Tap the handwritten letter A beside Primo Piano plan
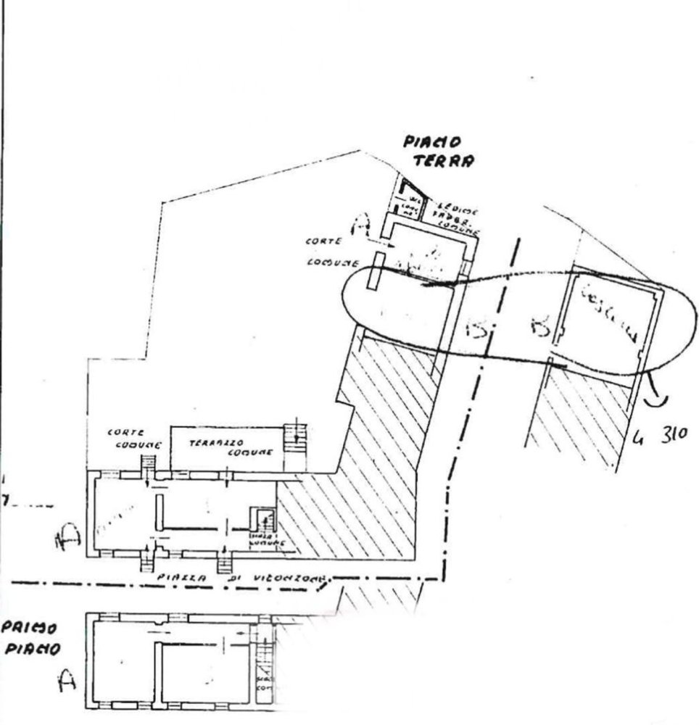pos(67,681)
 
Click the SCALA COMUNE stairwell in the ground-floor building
pos(262,522)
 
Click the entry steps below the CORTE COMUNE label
pos(148,463)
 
